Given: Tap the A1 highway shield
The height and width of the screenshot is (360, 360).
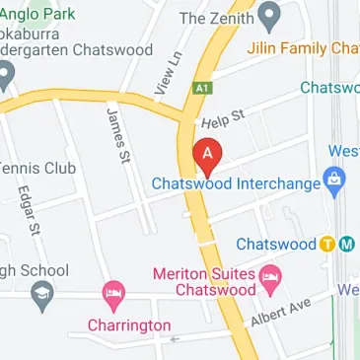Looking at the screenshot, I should [x=203, y=88].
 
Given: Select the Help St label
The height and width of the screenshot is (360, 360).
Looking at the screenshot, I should [x=223, y=120].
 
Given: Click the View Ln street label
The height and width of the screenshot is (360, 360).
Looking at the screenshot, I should [x=170, y=73].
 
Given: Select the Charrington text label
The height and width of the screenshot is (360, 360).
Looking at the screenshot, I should [x=128, y=325].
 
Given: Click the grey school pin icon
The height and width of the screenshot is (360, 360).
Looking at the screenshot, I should [x=40, y=294].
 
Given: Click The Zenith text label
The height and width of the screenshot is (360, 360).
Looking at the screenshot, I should [x=216, y=18].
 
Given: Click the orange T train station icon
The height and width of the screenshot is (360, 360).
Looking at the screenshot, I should [x=327, y=245].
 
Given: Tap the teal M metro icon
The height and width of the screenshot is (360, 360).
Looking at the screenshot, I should [x=346, y=245].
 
